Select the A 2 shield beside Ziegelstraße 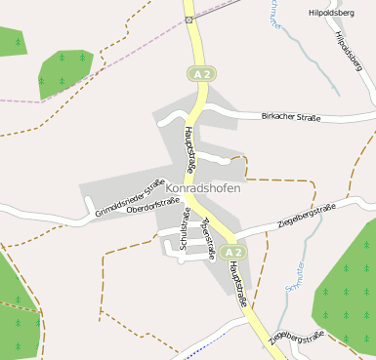[231, 252]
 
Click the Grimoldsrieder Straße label [129, 199]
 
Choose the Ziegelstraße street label [208, 240]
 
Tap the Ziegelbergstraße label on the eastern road [306, 216]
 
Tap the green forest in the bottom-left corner [18, 307]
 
